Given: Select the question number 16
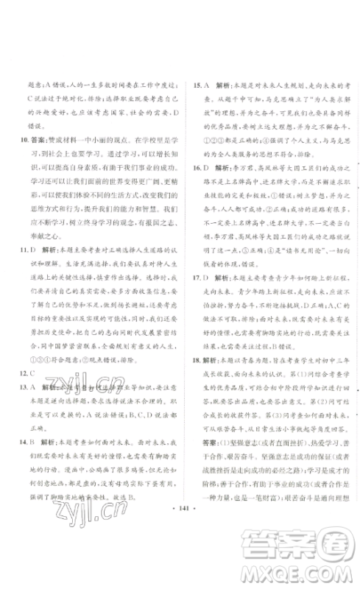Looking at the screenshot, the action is click(x=192, y=169).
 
